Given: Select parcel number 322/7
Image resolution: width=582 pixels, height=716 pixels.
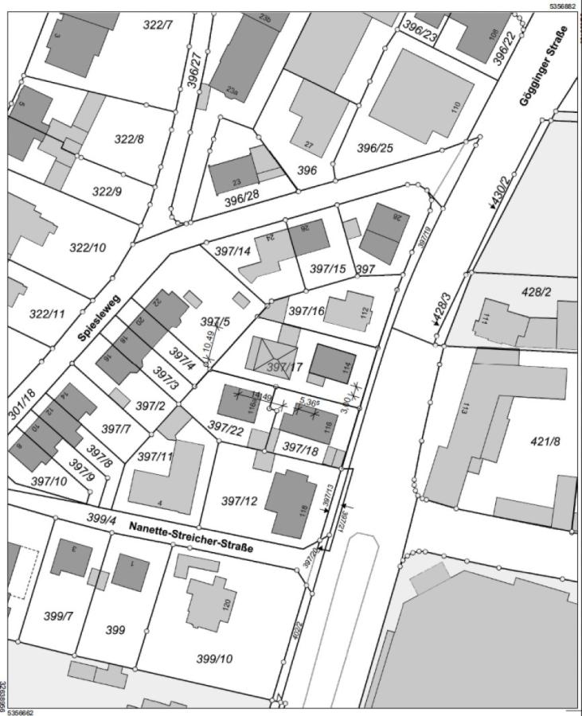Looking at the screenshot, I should click(158, 25).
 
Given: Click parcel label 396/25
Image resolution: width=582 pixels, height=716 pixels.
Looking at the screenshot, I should click(375, 148).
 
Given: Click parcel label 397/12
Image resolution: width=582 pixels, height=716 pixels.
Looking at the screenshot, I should click(239, 500).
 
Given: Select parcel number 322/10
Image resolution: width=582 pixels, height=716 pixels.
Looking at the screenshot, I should click(88, 247).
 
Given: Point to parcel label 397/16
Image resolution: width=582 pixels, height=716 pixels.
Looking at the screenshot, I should click(307, 310).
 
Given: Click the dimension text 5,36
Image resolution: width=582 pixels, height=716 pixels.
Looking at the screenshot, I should click(309, 401).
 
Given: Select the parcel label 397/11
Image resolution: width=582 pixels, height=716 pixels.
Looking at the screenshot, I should click(155, 456).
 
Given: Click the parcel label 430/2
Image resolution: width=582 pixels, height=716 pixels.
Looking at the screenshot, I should click(503, 193).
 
